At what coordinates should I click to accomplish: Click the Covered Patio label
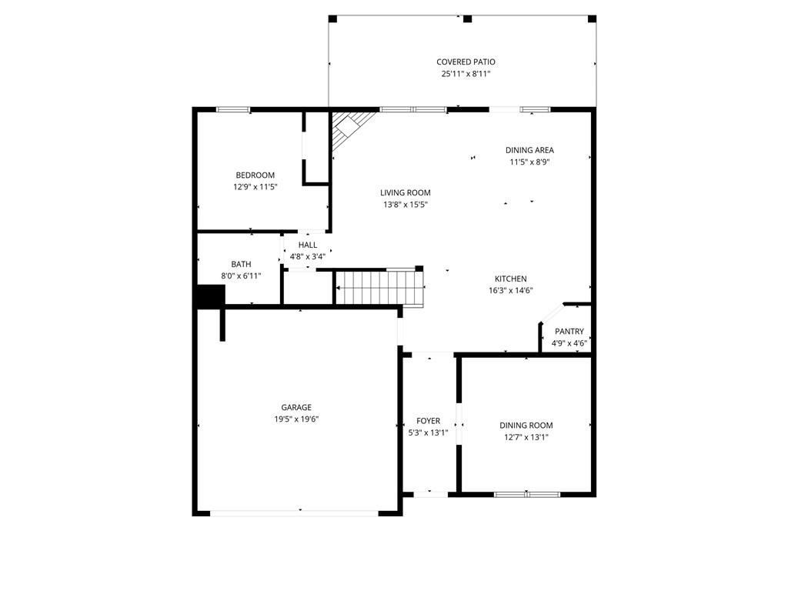[466, 62]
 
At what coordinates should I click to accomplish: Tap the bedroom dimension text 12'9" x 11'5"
[255, 187]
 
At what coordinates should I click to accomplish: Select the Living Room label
[405, 193]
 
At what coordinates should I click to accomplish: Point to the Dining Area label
[529, 150]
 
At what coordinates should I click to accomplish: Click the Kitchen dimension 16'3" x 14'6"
[510, 291]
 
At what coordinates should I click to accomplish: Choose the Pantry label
[569, 332]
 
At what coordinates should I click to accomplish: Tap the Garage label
[296, 407]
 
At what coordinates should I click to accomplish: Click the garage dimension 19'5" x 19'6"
[296, 419]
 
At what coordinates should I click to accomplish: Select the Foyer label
[428, 421]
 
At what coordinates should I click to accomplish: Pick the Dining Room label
[526, 425]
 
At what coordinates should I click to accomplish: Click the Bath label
[241, 264]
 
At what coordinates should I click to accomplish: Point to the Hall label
[308, 245]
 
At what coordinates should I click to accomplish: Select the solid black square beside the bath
[209, 295]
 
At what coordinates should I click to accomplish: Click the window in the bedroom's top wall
[232, 109]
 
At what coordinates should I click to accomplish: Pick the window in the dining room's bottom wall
[527, 494]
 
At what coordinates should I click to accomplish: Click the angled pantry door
[550, 316]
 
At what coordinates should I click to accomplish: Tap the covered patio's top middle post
[467, 18]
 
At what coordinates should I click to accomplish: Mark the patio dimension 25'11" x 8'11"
[466, 75]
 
